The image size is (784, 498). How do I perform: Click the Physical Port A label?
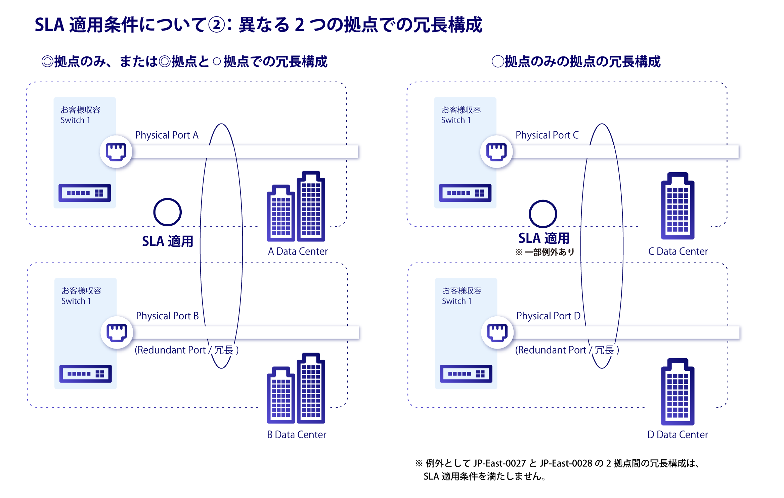pyautogui.click(x=167, y=135)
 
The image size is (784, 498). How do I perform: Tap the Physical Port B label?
pyautogui.click(x=167, y=316)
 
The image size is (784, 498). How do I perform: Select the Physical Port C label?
pyautogui.click(x=547, y=135)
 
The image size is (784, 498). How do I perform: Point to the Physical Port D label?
pyautogui.click(x=548, y=316)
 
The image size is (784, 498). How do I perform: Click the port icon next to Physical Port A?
pyautogui.click(x=116, y=152)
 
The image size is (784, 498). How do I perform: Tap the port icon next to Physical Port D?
pyautogui.click(x=497, y=332)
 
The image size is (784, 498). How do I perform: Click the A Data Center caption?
pyautogui.click(x=298, y=252)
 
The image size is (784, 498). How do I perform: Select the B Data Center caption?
pyautogui.click(x=296, y=435)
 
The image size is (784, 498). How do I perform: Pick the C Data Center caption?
pyautogui.click(x=678, y=252)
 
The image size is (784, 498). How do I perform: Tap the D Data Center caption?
pyautogui.click(x=678, y=435)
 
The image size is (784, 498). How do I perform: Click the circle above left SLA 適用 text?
pyautogui.click(x=167, y=212)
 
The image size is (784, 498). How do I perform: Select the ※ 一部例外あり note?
pyautogui.click(x=545, y=252)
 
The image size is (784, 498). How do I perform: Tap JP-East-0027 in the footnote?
pyautogui.click(x=499, y=463)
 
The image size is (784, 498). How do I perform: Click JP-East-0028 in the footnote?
pyautogui.click(x=566, y=463)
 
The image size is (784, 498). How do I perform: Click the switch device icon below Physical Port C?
pyautogui.click(x=465, y=193)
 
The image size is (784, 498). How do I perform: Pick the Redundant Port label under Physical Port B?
pyautogui.click(x=186, y=350)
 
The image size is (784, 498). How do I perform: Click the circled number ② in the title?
pyautogui.click(x=216, y=25)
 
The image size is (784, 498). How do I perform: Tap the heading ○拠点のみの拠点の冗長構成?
pyautogui.click(x=576, y=62)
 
